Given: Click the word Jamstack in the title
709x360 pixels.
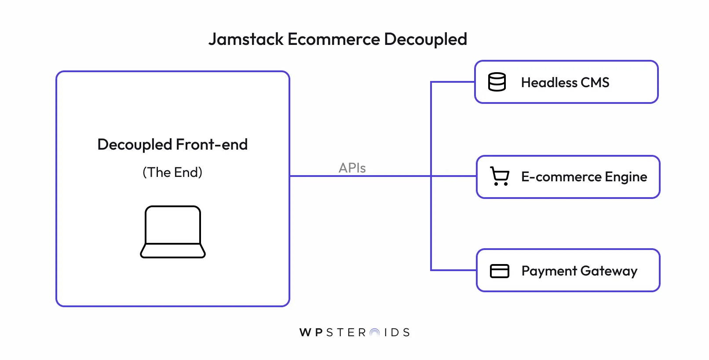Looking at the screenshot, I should [x=246, y=39].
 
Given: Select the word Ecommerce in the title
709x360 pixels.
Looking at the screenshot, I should [x=333, y=39].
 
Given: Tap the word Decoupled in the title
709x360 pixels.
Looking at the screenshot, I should [x=425, y=39].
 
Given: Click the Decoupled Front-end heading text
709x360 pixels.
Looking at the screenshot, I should [x=172, y=144].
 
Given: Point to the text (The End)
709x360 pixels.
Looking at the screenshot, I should [x=172, y=172].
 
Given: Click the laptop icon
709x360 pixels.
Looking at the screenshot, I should [x=173, y=232].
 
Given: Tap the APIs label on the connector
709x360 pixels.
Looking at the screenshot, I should [x=352, y=168].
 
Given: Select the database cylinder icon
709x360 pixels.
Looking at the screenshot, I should [x=497, y=82].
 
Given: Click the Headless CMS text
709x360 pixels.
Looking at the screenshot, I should [x=565, y=82].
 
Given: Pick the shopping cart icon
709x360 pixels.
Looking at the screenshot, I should [x=500, y=176].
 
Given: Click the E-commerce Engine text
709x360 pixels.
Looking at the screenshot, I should [x=584, y=176].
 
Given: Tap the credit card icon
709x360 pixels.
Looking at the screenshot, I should [x=500, y=271].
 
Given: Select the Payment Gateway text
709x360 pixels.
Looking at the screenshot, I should [x=579, y=271].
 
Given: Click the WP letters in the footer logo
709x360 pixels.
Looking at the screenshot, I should [x=311, y=332].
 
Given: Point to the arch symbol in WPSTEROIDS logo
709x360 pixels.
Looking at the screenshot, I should [x=375, y=333].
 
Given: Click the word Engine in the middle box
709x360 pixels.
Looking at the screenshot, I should [x=626, y=177].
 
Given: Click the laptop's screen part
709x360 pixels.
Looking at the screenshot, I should [x=173, y=225].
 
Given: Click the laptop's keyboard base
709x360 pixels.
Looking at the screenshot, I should [x=173, y=251].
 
